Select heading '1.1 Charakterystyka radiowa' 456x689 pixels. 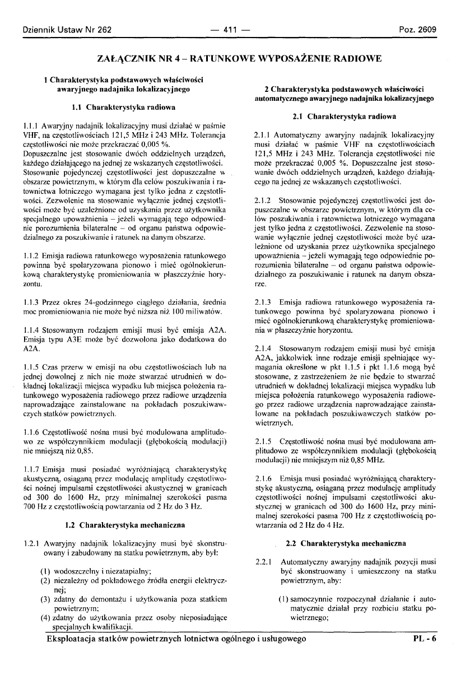[x=124, y=106]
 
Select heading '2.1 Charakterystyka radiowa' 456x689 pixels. [x=345, y=117]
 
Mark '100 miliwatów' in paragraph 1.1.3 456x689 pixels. [x=198, y=311]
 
